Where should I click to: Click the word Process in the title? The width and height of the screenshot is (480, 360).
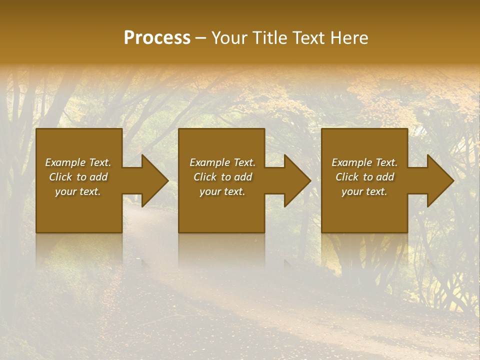pos(157,38)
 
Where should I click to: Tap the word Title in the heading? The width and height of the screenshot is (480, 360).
pos(271,38)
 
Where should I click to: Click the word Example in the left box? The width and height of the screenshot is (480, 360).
pos(65,162)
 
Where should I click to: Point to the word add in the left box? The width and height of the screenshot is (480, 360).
pos(98,177)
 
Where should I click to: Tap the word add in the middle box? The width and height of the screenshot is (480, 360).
pos(243,177)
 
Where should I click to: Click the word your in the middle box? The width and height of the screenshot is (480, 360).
pos(209,192)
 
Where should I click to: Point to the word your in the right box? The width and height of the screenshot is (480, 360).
pos(351,192)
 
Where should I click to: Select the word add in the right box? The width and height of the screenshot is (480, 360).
pos(385,177)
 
